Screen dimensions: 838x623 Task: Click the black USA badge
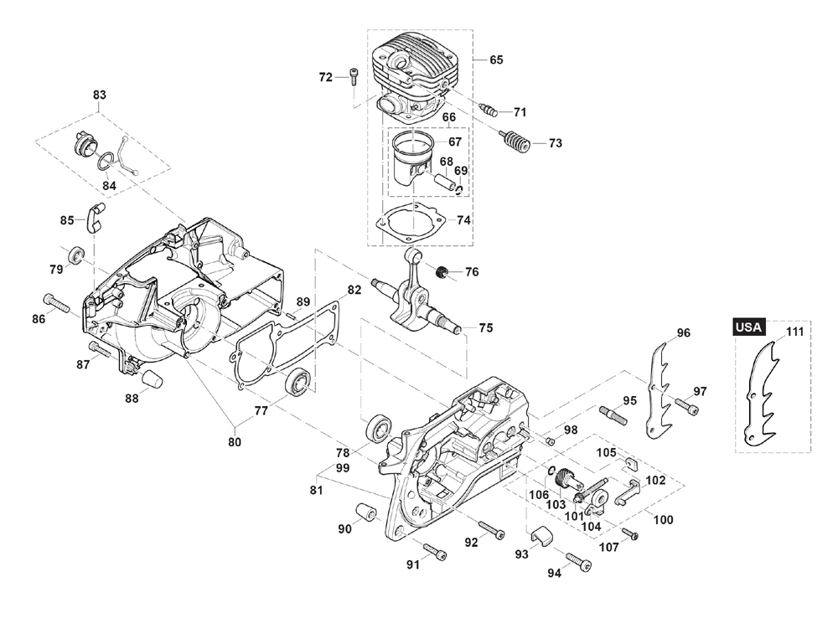[x=748, y=327]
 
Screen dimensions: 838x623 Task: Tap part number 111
[x=794, y=332]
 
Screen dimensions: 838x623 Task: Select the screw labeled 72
[x=354, y=77]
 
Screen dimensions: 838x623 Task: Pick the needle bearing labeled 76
[x=443, y=271]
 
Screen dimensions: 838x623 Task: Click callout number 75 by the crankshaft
[x=485, y=327]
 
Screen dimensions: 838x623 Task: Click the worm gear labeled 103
[x=566, y=478]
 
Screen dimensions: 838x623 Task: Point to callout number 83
[x=100, y=95]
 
